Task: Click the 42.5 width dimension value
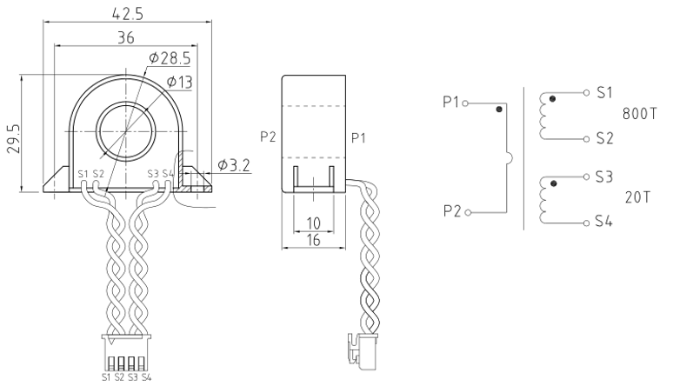tap(127, 13)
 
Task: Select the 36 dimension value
tap(126, 37)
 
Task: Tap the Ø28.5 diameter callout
tap(170, 58)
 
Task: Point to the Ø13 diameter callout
tap(179, 82)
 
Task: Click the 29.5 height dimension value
tap(14, 139)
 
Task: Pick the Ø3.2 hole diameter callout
tap(234, 165)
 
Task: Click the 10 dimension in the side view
tap(314, 223)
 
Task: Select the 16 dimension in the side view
tap(314, 240)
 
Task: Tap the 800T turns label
tap(639, 114)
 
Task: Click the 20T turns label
tap(637, 197)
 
